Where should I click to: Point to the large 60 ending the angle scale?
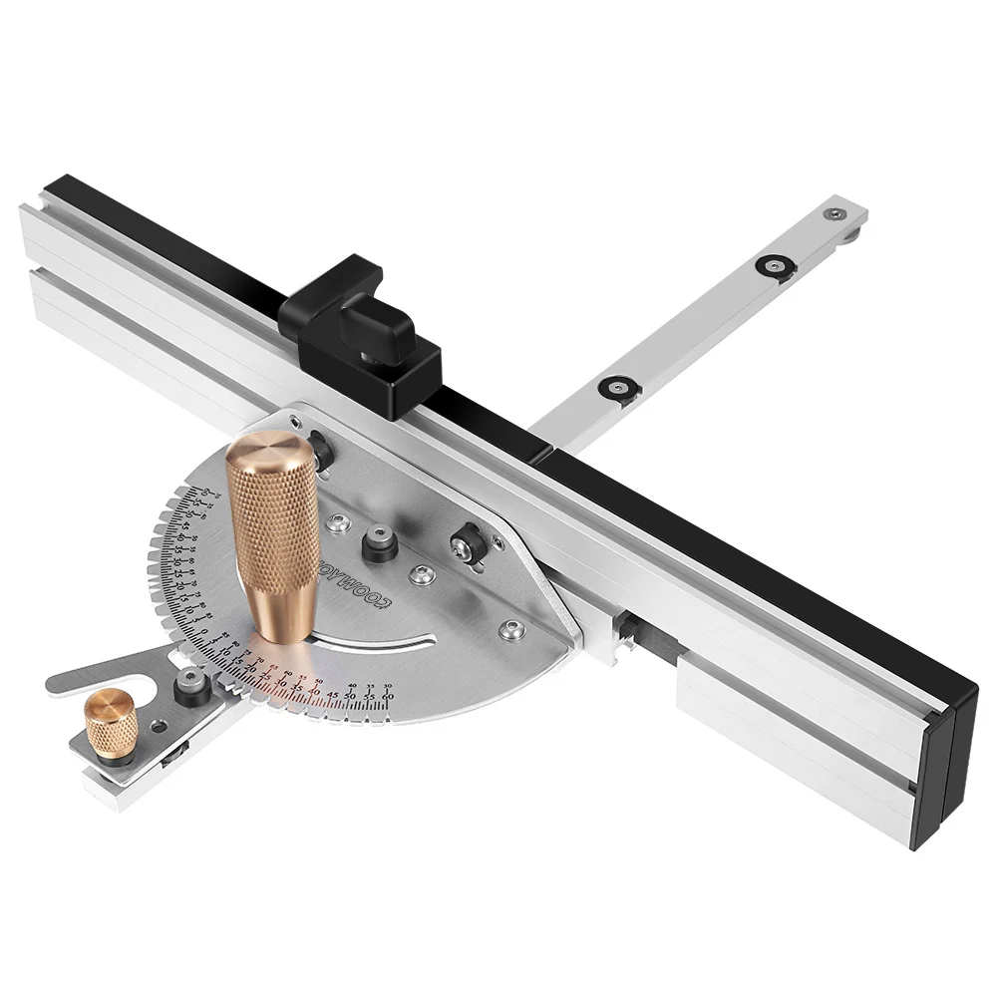(387, 696)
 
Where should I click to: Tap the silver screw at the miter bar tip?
(835, 212)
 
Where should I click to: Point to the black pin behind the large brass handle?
(320, 445)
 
